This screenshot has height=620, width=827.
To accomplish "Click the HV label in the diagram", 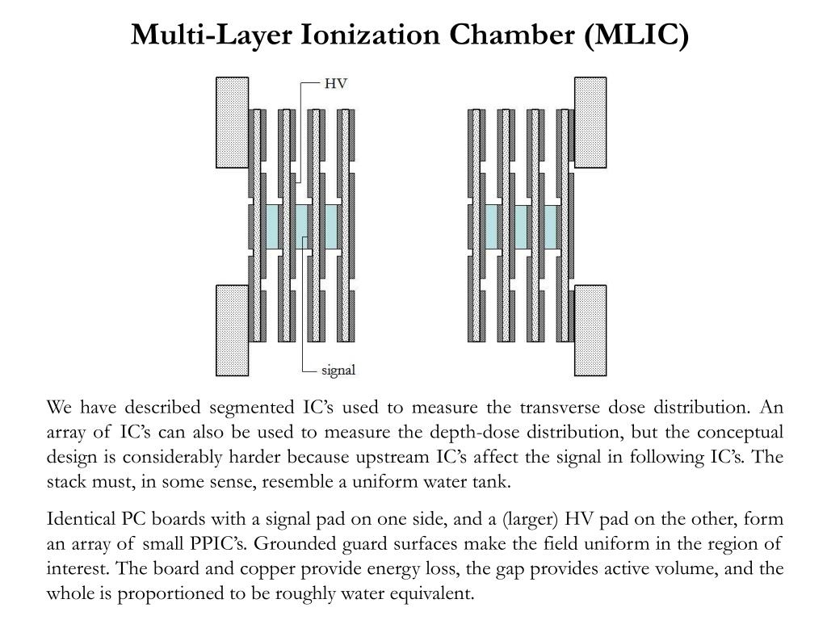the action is coord(335,82).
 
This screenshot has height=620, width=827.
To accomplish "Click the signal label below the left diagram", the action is coord(338,371).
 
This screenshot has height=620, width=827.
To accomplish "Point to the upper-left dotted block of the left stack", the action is coord(232,122).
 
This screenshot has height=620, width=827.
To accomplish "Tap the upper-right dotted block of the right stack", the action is coord(590,122).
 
